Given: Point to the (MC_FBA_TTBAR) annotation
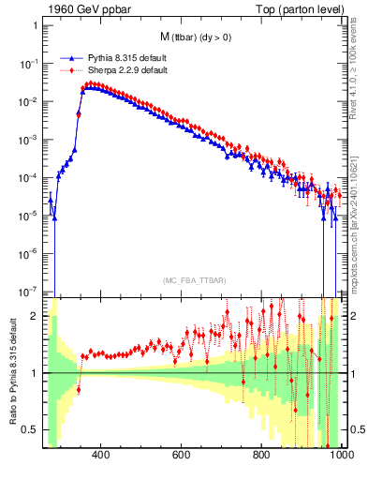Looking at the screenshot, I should tap(194, 281).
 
